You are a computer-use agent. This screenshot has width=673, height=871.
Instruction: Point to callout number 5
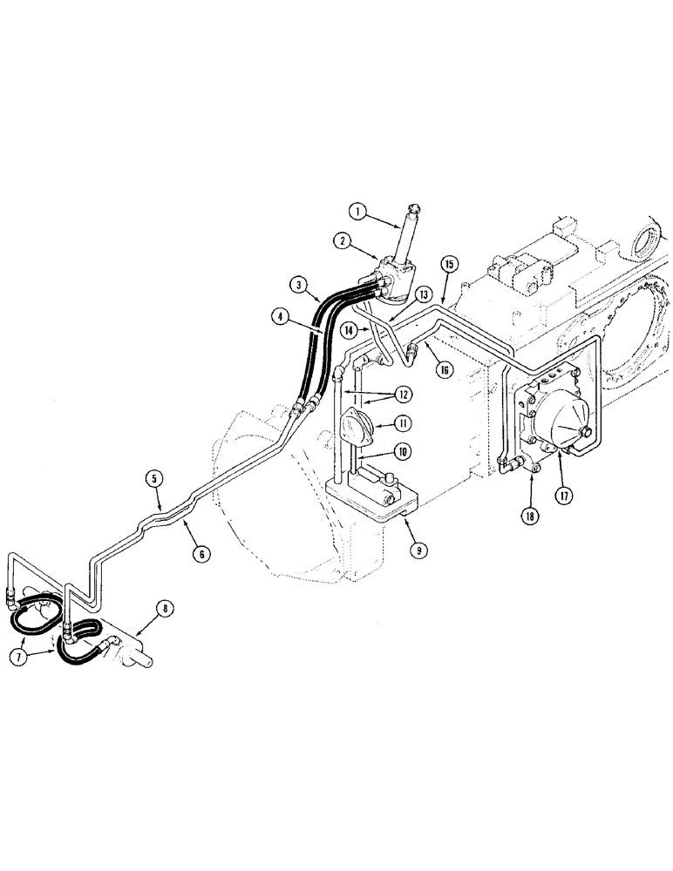click(x=155, y=477)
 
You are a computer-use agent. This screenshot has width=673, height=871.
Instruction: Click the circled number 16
click(x=445, y=369)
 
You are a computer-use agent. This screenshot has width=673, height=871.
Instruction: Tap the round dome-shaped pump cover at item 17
click(x=561, y=426)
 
